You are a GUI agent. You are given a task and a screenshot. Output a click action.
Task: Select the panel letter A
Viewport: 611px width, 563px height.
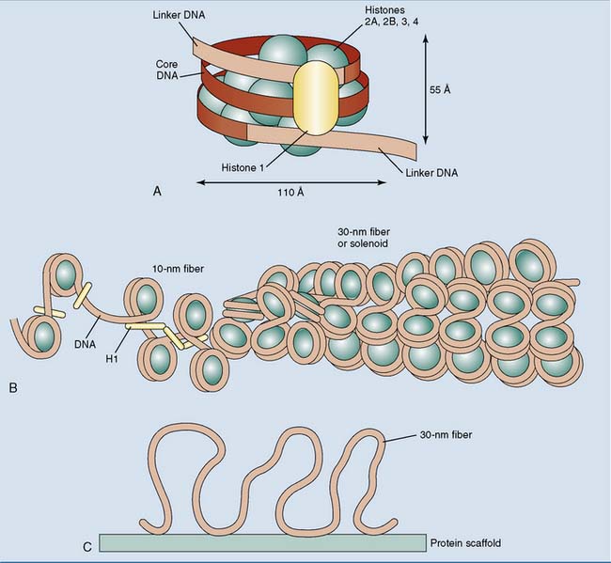click(158, 191)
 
